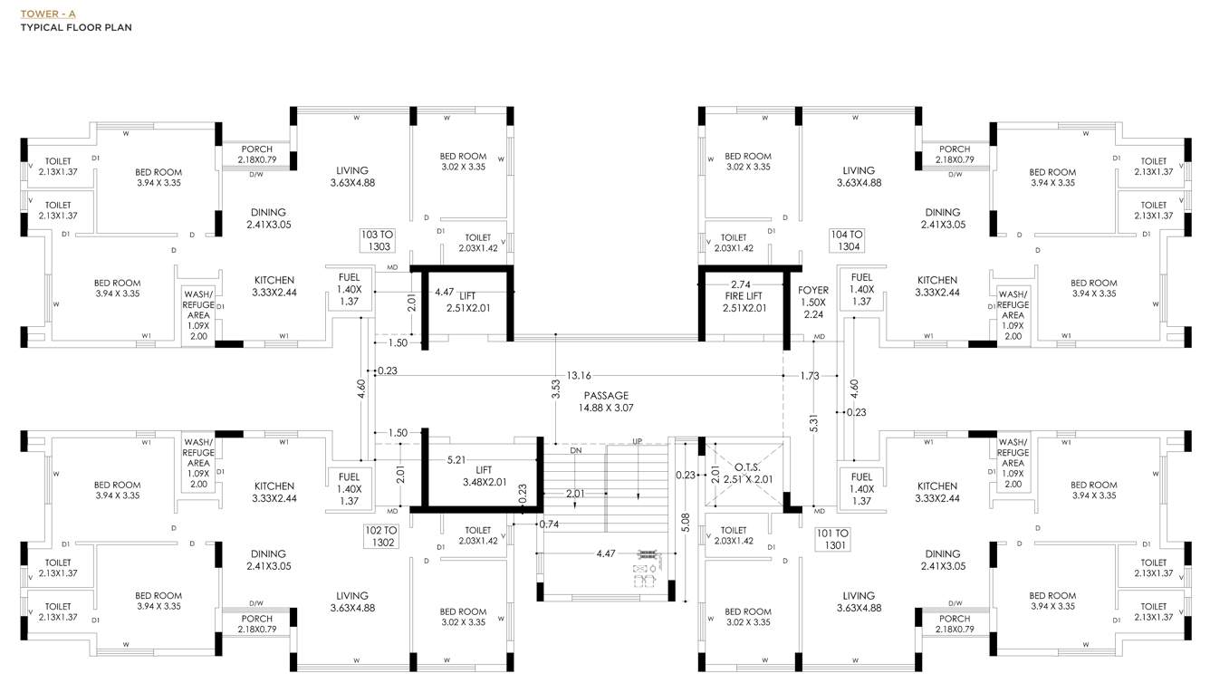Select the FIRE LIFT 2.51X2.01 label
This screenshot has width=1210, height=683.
click(744, 302)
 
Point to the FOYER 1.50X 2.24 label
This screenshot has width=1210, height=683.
click(813, 303)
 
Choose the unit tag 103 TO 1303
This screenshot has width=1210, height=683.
click(376, 240)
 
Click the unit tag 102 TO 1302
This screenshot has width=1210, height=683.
click(380, 536)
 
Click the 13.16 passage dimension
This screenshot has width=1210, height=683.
click(579, 375)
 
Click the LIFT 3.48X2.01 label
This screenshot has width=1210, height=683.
click(484, 476)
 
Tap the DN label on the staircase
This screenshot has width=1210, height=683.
click(576, 450)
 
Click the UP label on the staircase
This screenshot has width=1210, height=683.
click(638, 441)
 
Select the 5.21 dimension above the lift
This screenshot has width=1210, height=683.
click(456, 460)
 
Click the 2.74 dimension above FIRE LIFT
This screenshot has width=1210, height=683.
click(740, 284)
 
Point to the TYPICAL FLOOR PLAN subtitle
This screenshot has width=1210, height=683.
click(76, 28)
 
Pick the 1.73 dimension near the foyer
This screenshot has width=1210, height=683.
click(809, 375)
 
